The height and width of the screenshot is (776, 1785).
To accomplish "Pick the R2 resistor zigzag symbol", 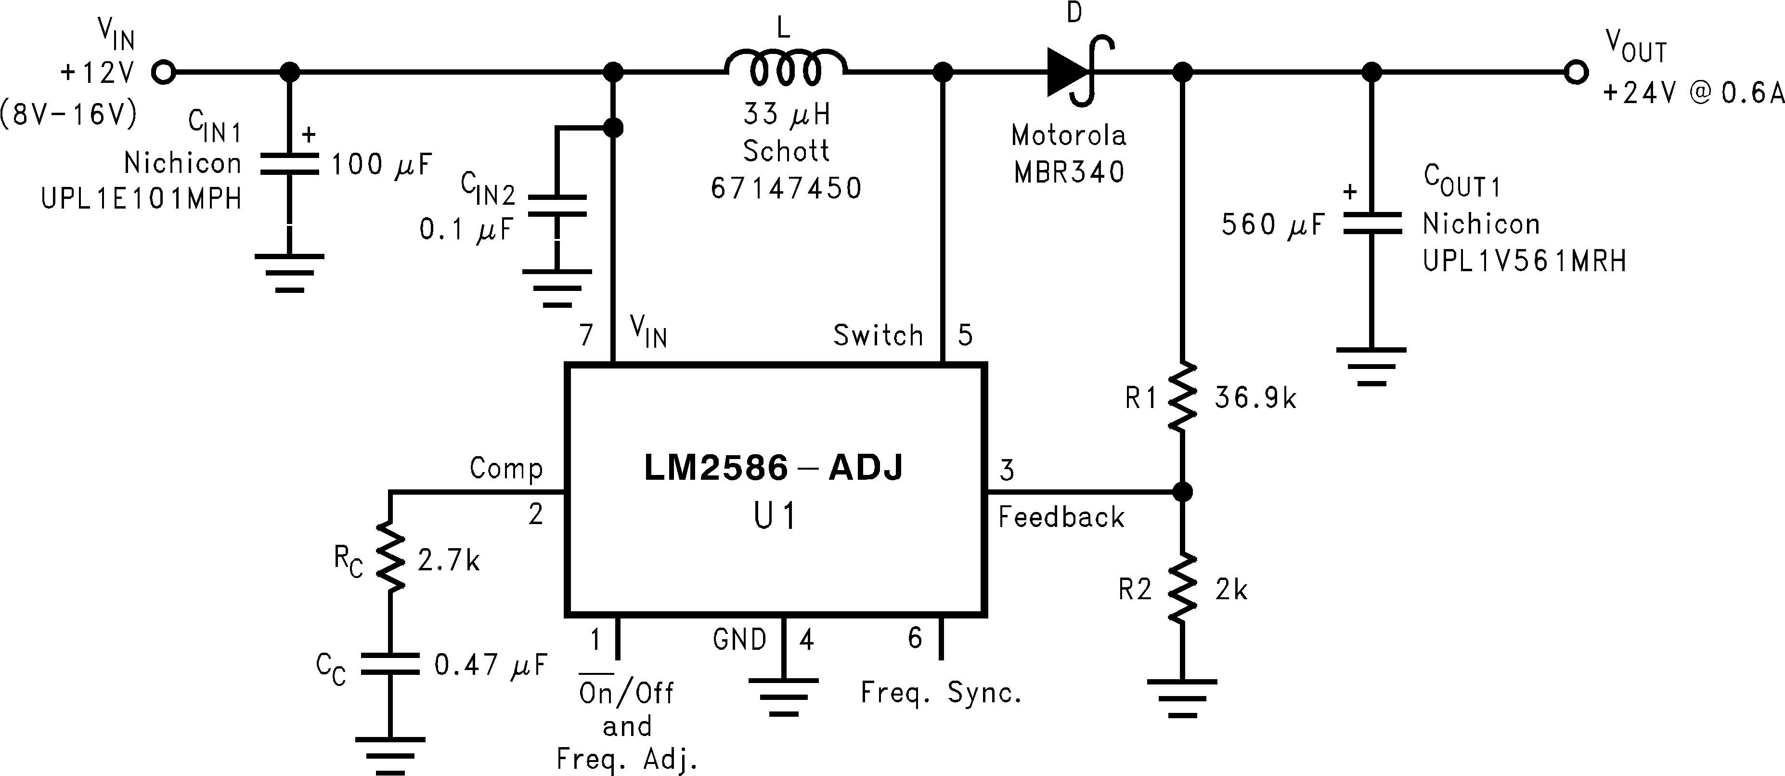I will click(1182, 588).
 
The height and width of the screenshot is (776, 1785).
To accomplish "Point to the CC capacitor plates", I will click(389, 664).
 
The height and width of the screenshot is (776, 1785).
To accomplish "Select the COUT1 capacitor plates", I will click(1371, 224).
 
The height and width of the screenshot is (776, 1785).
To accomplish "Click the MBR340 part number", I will click(1069, 172).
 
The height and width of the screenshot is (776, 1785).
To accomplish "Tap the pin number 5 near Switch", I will click(965, 336).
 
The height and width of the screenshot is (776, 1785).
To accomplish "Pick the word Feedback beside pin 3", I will click(1061, 517).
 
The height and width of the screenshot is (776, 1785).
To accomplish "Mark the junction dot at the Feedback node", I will click(1182, 492).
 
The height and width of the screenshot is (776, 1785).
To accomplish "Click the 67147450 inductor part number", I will click(786, 188).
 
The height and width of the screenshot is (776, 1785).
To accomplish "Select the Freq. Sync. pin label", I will click(941, 693).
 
